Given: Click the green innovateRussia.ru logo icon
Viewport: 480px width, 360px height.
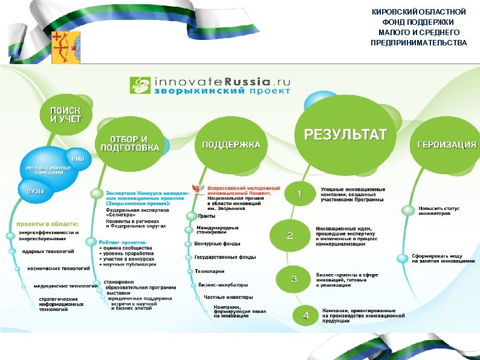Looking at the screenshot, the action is click(141, 85).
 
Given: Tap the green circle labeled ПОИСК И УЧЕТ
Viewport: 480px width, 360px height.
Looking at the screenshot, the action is click(66, 114).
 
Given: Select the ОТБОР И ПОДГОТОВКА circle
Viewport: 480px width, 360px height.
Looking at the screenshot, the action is click(129, 144).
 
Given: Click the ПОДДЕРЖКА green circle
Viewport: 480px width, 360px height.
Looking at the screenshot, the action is click(231, 145).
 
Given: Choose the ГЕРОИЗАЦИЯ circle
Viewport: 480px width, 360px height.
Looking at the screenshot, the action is click(446, 145).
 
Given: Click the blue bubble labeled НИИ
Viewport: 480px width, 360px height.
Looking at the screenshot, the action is click(78, 158).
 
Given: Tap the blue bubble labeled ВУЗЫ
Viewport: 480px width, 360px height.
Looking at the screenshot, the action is click(34, 191).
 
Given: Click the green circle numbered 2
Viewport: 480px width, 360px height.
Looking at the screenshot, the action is click(290, 236).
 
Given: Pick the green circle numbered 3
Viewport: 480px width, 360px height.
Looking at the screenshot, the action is click(294, 279).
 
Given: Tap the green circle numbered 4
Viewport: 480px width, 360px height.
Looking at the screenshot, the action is click(306, 315).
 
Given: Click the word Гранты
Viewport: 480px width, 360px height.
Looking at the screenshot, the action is click(207, 216).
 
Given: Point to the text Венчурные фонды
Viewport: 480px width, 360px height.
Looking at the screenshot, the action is click(217, 244).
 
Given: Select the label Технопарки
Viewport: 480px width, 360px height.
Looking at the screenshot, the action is click(210, 272).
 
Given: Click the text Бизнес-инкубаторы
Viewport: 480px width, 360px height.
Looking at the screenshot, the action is click(223, 284).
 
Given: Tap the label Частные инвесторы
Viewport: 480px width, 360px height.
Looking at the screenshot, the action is click(228, 297).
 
